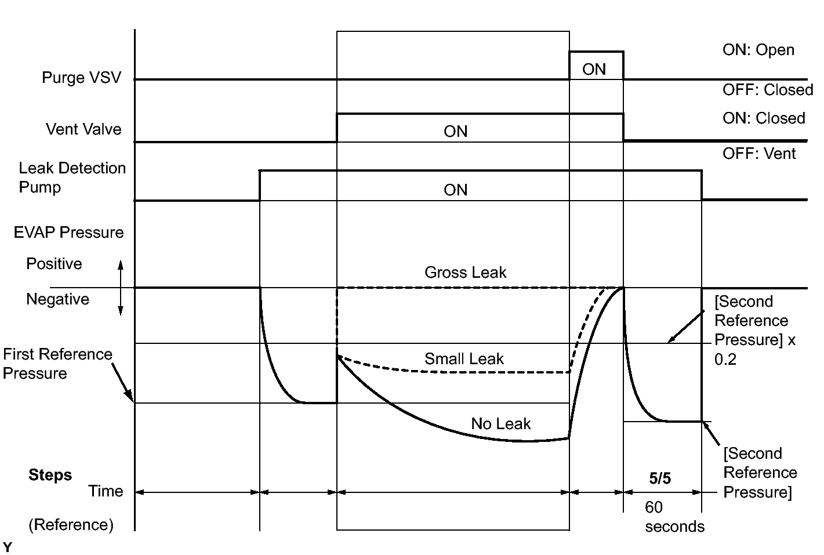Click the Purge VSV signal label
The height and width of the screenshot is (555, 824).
coord(81,78)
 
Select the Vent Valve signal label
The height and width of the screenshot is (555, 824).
coord(84,129)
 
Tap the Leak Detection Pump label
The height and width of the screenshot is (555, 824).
coord(72,177)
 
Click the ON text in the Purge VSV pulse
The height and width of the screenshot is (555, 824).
coord(594,70)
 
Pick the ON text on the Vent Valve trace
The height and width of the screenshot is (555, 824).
coord(455,132)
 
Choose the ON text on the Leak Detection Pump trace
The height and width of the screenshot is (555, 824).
coord(455,190)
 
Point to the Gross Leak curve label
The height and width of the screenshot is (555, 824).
coord(465,273)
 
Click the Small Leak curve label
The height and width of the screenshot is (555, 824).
coord(464,359)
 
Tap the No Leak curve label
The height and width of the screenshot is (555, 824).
coord(500,424)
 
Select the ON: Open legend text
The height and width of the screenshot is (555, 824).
coord(758,50)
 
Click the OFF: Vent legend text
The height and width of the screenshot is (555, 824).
coord(759,154)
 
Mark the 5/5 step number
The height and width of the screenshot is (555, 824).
coord(660,478)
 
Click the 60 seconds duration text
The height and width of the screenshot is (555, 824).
coord(674,517)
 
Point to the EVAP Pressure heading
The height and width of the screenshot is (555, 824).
coord(68,233)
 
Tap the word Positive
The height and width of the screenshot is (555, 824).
coord(54,264)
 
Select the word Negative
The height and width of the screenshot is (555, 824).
coord(57,299)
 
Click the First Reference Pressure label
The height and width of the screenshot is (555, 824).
coord(57,364)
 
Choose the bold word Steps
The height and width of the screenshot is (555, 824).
coord(50,475)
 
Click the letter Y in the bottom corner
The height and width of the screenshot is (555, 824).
coord(7,547)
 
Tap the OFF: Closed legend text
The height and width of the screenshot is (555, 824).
coord(767,90)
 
